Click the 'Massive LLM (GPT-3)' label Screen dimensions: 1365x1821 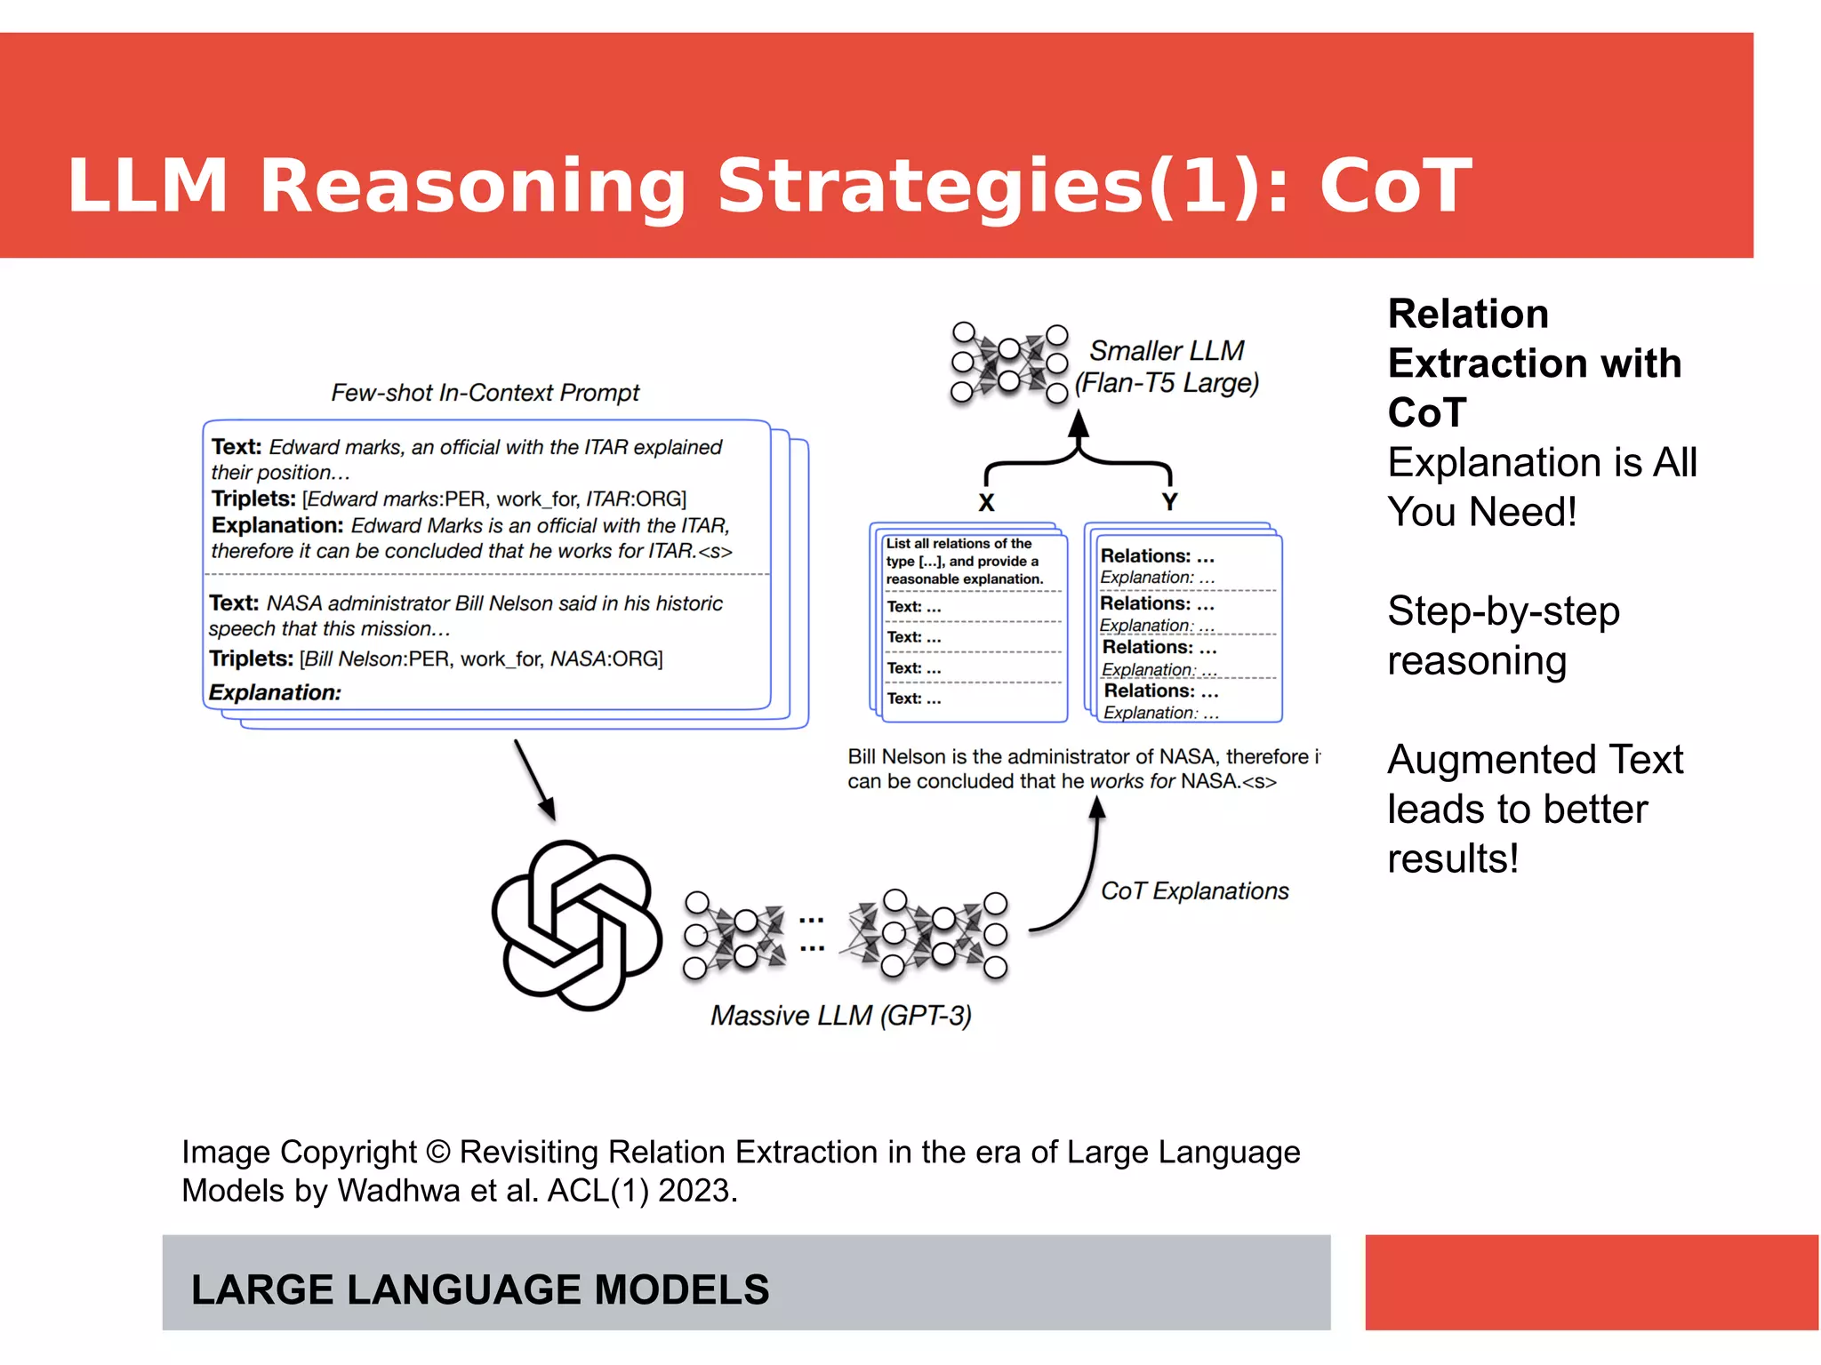point(840,1015)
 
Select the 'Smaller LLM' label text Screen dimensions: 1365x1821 point(1167,350)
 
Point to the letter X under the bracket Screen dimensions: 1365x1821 point(986,503)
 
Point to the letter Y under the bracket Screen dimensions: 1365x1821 point(1169,502)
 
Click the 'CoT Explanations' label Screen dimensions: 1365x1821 point(1194,890)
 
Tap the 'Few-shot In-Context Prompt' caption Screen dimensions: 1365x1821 point(485,392)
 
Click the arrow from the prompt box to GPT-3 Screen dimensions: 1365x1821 point(534,779)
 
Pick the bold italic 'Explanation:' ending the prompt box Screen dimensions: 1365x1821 point(275,692)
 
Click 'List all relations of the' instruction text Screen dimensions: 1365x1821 point(959,543)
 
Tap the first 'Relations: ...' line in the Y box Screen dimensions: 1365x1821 point(1157,556)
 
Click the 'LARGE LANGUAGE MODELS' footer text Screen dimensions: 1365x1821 point(480,1289)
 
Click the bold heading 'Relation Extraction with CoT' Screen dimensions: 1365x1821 point(1534,363)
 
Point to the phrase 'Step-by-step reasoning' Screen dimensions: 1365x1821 point(1503,635)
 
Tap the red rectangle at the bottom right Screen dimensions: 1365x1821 point(1591,1281)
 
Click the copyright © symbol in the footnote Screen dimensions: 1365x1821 point(437,1152)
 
